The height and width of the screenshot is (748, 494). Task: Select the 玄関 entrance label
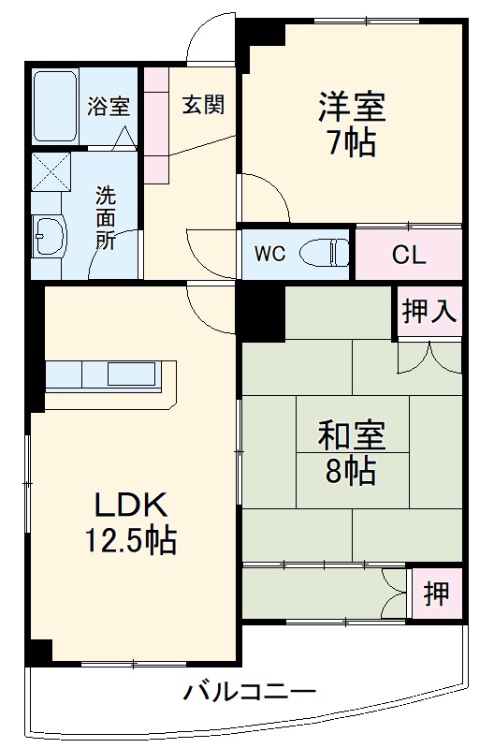coord(203,104)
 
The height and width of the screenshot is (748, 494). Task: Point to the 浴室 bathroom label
coord(108,106)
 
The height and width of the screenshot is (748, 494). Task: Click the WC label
coord(269,253)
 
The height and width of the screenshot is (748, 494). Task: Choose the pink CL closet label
coord(409,254)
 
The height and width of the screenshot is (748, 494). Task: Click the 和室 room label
coord(351,435)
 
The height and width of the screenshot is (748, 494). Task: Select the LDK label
coord(131,506)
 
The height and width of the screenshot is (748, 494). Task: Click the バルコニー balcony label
coord(248,694)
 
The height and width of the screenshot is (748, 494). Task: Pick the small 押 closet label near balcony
coord(434,593)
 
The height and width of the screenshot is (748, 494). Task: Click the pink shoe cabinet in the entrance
coord(156,125)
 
